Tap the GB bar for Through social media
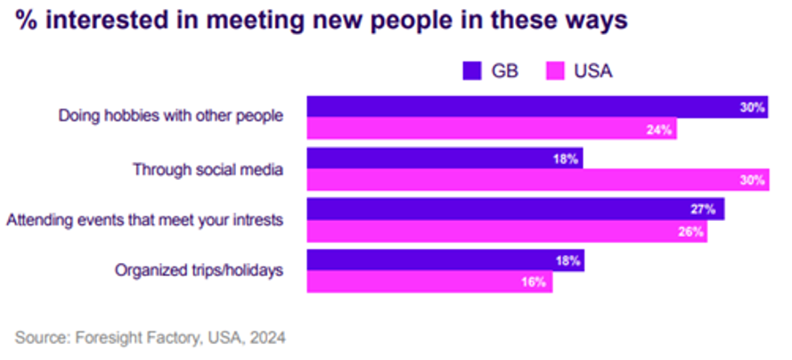pos(445,160)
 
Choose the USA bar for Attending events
pos(507,232)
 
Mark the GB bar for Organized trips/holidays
pos(445,261)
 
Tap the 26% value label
pos(692,232)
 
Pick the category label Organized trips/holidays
pos(200,269)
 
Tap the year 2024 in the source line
pos(269,338)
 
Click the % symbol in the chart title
pos(23,20)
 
